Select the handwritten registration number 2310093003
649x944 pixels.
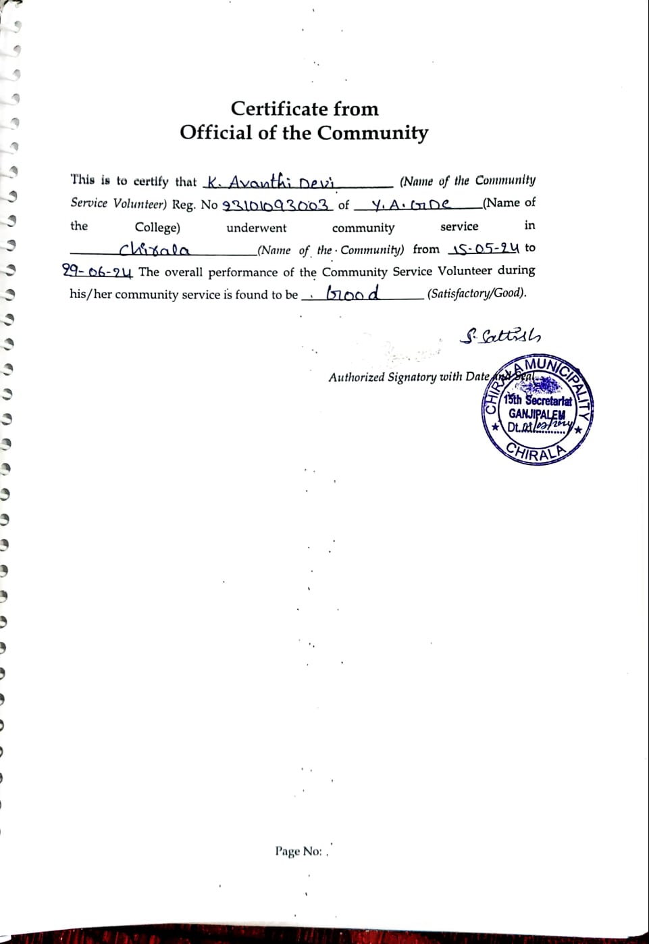point(277,205)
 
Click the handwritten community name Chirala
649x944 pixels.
point(154,250)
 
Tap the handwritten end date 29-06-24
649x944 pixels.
point(97,272)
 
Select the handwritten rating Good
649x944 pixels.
point(353,293)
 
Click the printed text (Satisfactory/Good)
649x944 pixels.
point(477,293)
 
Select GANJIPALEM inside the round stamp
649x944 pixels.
point(537,414)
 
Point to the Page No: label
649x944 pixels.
point(298,851)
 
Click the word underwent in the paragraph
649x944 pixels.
point(256,228)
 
